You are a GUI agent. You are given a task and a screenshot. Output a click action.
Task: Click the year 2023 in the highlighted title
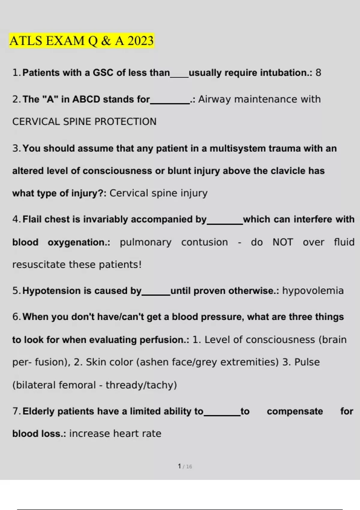click(140, 41)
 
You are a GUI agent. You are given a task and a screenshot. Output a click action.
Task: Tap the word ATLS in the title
click(26, 41)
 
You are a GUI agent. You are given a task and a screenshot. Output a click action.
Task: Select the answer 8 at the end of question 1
click(318, 73)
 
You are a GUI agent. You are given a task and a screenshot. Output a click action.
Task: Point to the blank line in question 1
click(179, 76)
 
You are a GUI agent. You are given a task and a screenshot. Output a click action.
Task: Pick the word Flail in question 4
click(32, 219)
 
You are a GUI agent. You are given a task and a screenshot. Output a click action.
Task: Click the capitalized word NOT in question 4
click(283, 242)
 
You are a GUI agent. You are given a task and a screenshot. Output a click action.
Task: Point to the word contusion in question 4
click(204, 242)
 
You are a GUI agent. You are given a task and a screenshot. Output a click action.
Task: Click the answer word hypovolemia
click(313, 291)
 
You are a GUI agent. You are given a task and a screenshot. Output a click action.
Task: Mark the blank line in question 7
click(222, 415)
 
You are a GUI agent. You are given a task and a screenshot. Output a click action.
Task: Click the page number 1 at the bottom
click(179, 466)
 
